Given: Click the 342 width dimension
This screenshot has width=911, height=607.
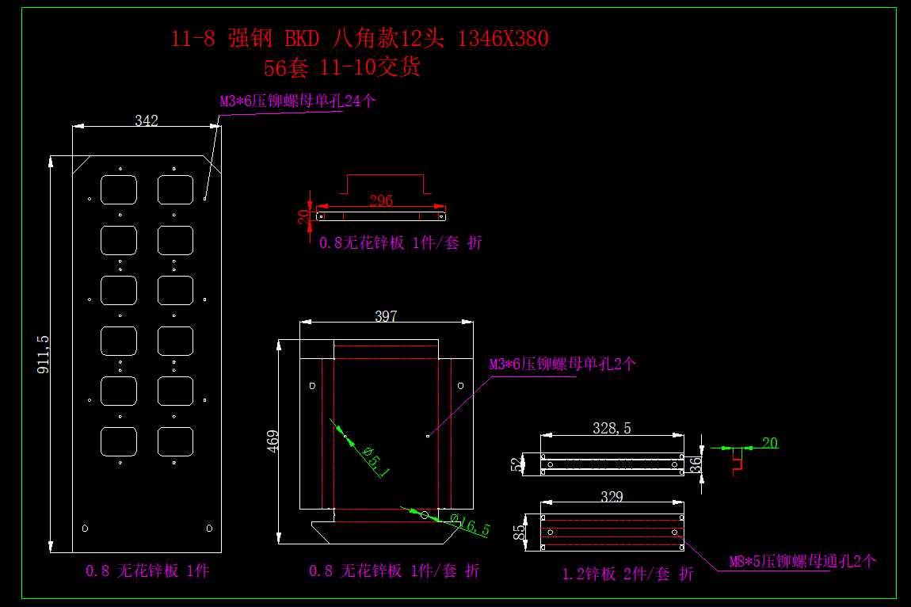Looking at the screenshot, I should click(147, 121).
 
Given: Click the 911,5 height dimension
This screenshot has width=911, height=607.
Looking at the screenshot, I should click(44, 354).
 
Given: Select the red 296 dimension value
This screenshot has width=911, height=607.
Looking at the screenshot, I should click(381, 200).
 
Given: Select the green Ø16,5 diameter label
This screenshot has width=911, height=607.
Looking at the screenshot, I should click(470, 525).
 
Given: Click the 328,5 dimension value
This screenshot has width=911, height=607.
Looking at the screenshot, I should click(612, 429).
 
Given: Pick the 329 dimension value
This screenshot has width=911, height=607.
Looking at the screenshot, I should click(612, 498).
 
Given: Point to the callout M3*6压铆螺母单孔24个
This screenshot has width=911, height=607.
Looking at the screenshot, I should click(298, 101).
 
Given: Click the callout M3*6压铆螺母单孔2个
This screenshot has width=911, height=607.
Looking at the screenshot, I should click(562, 365).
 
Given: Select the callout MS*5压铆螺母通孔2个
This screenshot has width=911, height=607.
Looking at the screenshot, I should click(802, 562).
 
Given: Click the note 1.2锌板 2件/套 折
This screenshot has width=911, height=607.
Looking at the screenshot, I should click(627, 575).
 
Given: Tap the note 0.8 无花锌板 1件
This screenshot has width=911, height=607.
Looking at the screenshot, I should click(147, 571).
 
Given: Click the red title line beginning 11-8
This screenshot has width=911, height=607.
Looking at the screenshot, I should click(360, 38).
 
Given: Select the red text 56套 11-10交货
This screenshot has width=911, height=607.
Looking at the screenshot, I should click(341, 68).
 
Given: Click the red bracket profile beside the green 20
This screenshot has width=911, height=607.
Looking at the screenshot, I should click(738, 459).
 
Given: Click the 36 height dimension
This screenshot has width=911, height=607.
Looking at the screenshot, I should click(696, 464).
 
